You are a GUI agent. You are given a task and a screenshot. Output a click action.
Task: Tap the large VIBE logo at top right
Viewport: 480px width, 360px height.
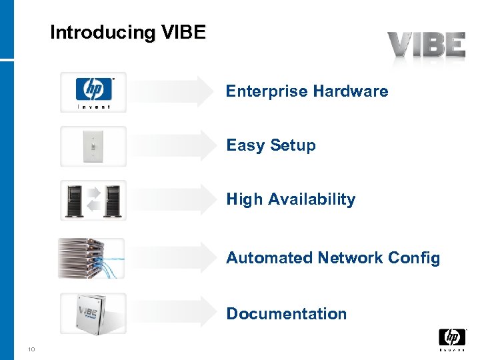pos(427,46)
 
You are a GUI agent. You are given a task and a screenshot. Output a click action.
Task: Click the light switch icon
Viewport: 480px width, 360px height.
pos(93,145)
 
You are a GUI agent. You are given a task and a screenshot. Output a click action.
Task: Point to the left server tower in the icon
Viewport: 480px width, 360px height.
pos(75,199)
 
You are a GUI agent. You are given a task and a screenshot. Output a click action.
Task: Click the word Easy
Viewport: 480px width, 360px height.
pos(245,145)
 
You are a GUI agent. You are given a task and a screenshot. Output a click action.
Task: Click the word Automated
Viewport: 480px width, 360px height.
pos(269,258)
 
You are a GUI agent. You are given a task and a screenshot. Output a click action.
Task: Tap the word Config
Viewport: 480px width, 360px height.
pos(417,258)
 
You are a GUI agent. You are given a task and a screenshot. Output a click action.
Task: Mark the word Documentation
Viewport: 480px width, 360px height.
pos(287,314)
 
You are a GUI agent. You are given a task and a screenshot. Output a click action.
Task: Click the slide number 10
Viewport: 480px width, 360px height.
pos(31,348)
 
